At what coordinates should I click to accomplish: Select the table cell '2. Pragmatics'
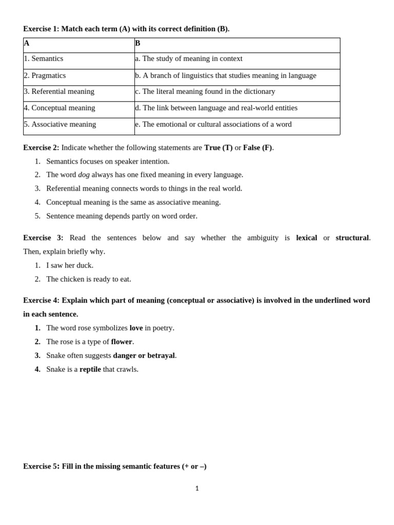(45, 76)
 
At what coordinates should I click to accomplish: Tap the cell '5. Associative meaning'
(60, 125)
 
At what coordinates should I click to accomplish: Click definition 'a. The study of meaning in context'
(189, 59)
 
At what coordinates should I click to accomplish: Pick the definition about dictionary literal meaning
(205, 92)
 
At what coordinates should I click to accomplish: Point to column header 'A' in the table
(27, 44)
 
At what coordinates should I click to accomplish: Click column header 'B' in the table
(137, 44)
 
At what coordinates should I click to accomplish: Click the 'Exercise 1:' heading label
(41, 29)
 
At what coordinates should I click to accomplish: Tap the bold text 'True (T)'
(218, 148)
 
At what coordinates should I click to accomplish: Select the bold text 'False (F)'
(258, 148)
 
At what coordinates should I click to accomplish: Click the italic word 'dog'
(84, 175)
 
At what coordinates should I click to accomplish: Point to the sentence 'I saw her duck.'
(70, 266)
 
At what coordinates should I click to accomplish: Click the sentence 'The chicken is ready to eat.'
(89, 279)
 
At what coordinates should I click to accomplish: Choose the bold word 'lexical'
(306, 238)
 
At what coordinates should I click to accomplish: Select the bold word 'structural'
(352, 238)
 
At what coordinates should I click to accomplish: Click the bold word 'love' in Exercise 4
(136, 328)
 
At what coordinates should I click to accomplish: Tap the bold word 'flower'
(122, 342)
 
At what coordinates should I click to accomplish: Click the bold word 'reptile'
(90, 370)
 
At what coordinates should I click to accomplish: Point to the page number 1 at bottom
(197, 489)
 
